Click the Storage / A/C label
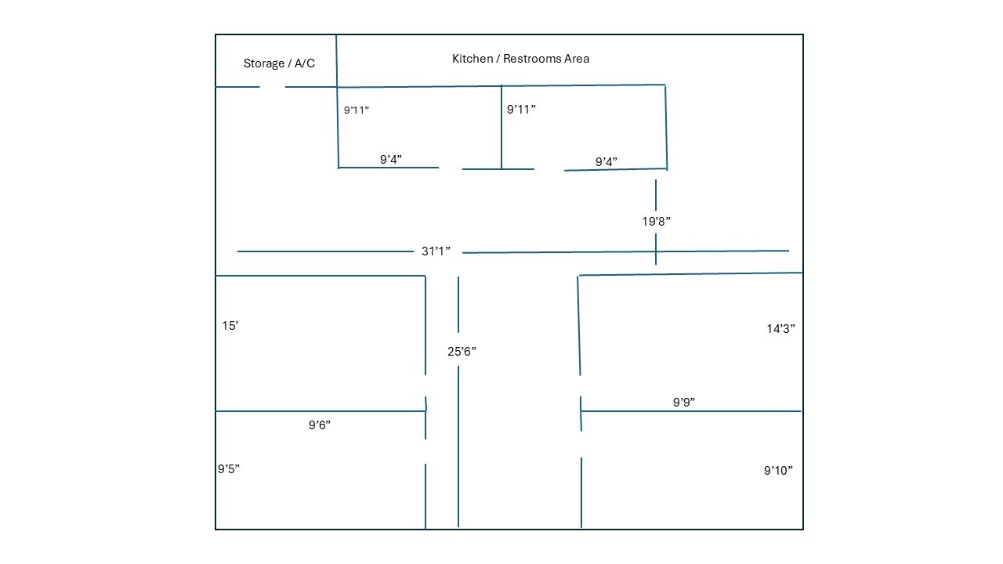(279, 63)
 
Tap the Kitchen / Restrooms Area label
(520, 59)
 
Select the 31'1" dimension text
(436, 251)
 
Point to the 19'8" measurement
(656, 221)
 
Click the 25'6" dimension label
(462, 352)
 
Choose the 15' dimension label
(230, 325)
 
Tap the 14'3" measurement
(780, 328)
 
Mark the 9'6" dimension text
(319, 425)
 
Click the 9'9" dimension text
(684, 402)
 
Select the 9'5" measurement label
(228, 468)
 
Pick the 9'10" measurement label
(778, 471)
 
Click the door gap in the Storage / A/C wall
(272, 87)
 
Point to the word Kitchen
(473, 59)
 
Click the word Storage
(264, 63)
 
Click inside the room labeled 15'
(320, 343)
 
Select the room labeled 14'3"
(690, 342)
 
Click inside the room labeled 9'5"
(320, 470)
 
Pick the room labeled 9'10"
(692, 470)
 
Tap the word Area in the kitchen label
(577, 59)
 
